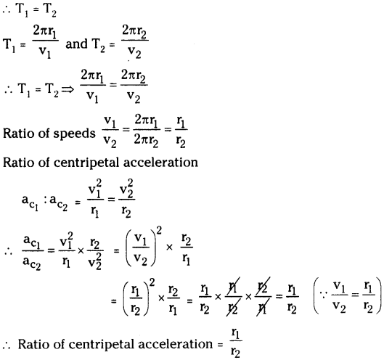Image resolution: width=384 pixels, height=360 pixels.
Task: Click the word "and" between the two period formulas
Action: pyautogui.click(x=76, y=44)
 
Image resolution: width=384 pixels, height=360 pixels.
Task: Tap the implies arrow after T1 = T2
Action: pyautogui.click(x=68, y=89)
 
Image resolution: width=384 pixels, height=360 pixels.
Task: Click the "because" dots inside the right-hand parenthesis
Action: pyautogui.click(x=324, y=295)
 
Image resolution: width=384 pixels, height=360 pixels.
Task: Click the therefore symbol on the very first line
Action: pyautogui.click(x=7, y=10)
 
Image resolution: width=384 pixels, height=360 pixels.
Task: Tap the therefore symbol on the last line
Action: pyautogui.click(x=7, y=345)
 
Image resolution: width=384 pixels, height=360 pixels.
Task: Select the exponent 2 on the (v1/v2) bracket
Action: pyautogui.click(x=159, y=232)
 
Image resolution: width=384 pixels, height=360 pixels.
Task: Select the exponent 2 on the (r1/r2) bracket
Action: pyautogui.click(x=152, y=282)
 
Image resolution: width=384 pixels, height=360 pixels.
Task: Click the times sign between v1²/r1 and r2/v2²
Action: pyautogui.click(x=81, y=250)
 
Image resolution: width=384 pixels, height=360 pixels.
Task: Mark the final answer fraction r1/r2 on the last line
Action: pyautogui.click(x=236, y=343)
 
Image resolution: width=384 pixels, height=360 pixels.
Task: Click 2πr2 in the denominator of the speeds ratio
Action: pyautogui.click(x=146, y=142)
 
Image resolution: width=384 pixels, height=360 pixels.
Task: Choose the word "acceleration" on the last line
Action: pyautogui.click(x=176, y=344)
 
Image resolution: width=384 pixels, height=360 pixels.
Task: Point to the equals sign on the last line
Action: pyautogui.click(x=221, y=345)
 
